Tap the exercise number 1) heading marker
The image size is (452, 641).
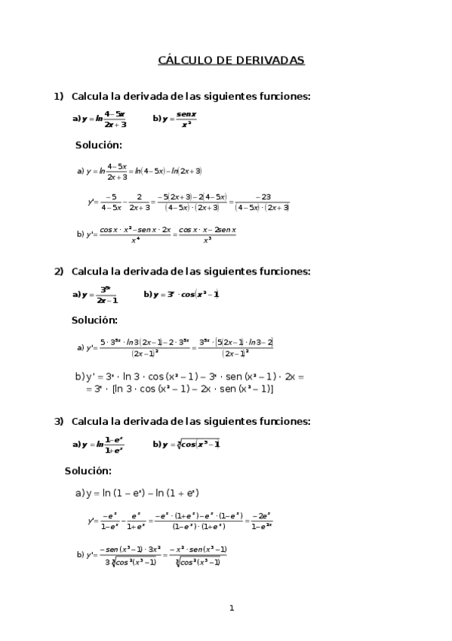click(x=58, y=96)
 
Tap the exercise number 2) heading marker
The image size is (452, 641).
click(x=58, y=271)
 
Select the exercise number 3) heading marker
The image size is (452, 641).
click(x=58, y=421)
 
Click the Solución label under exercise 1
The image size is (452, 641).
click(x=98, y=145)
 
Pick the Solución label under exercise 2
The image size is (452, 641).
click(x=94, y=320)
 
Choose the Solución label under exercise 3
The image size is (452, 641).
click(x=88, y=470)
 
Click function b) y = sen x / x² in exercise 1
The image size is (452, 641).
click(x=174, y=119)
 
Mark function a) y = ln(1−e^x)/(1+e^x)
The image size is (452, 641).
click(x=98, y=444)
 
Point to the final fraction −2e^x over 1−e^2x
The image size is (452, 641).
click(x=261, y=520)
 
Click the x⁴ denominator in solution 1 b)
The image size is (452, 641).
click(x=135, y=240)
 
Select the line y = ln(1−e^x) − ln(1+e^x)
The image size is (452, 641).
click(x=137, y=494)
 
